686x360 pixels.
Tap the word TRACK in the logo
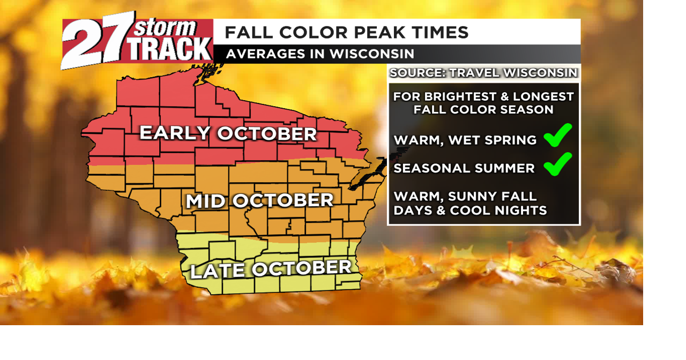[171, 49]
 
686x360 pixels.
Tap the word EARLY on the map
[174, 133]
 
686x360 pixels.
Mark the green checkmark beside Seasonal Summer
[558, 164]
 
